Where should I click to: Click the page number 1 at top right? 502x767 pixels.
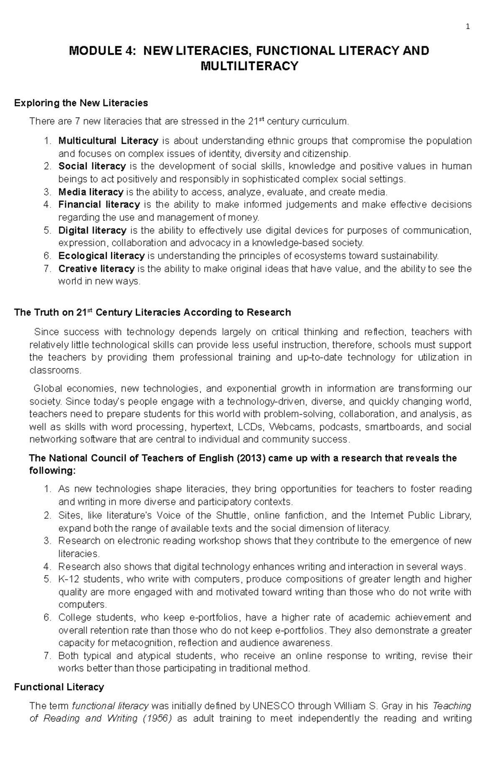[x=468, y=27]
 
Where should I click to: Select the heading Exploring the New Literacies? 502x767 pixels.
[x=81, y=103]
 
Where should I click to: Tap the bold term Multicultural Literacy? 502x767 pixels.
[x=108, y=140]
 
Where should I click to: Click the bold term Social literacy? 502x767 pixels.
[x=92, y=166]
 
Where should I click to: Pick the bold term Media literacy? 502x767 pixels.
[x=91, y=192]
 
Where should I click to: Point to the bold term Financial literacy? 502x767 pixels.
[x=99, y=205]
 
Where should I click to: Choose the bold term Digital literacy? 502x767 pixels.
[x=92, y=230]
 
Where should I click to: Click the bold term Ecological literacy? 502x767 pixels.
[x=102, y=256]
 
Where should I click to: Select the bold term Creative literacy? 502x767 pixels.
[x=97, y=269]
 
